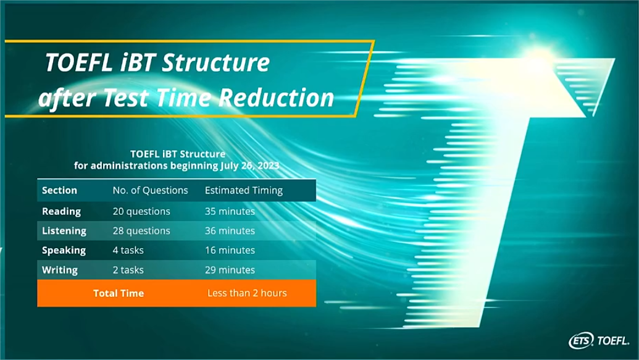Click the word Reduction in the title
[277, 98]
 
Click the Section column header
[59, 190]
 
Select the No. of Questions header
[151, 190]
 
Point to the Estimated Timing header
[244, 191]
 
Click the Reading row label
[62, 212]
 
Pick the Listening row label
[64, 231]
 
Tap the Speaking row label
[64, 250]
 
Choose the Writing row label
[60, 270]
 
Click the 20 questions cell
[141, 212]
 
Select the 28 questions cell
[141, 231]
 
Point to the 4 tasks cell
[128, 250]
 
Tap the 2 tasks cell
[128, 270]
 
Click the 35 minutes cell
[230, 211]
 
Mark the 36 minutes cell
[230, 231]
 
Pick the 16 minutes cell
[230, 250]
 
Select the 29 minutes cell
[230, 270]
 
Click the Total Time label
[119, 293]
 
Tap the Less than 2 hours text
[247, 293]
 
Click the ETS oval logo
[582, 340]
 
